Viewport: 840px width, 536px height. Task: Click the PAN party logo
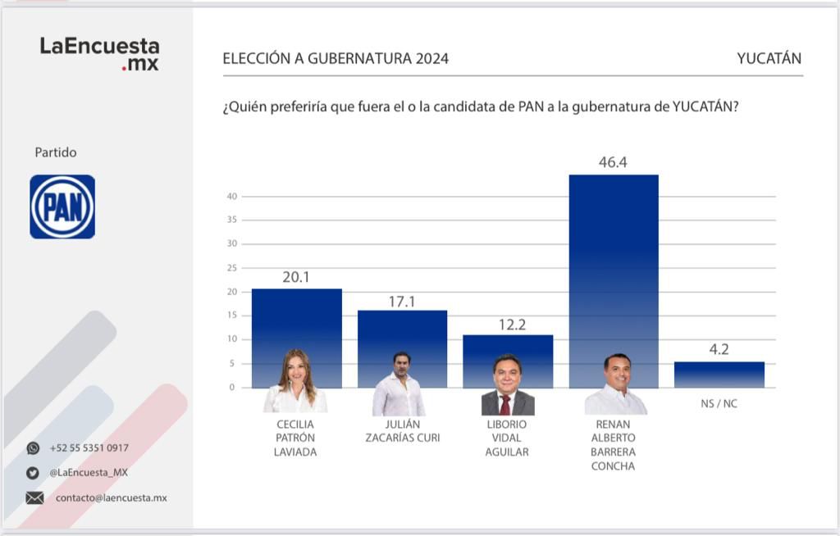(62, 207)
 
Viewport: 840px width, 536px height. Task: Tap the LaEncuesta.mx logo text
(99, 54)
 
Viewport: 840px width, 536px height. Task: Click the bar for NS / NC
(719, 375)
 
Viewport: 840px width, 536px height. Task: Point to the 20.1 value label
(296, 278)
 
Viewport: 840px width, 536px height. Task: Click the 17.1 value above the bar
(402, 302)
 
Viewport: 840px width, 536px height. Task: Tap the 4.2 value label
(719, 349)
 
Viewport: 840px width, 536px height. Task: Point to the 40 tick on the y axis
(232, 197)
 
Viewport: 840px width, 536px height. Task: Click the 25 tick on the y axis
(232, 268)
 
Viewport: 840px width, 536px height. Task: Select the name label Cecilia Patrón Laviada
(295, 438)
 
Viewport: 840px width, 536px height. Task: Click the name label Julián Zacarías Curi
(402, 431)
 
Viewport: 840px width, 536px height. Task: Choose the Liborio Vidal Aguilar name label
(507, 438)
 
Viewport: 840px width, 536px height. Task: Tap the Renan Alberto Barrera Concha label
(614, 445)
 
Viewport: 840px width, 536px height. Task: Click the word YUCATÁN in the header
(769, 59)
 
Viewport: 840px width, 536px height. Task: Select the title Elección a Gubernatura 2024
(336, 59)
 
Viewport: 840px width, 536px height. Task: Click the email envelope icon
(34, 497)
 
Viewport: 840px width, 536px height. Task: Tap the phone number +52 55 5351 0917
(89, 448)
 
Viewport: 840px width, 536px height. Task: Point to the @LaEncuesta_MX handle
(89, 473)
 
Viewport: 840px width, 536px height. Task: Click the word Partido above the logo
(56, 152)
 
